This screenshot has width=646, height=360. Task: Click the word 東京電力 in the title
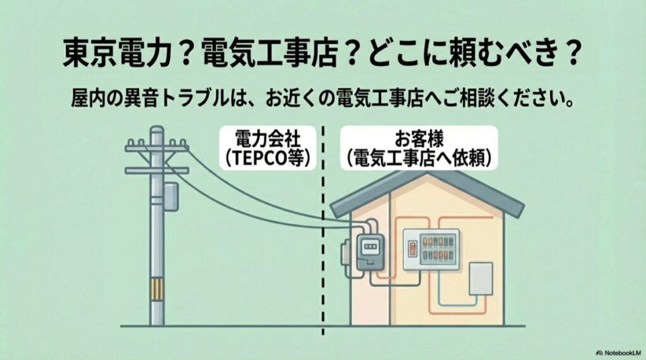[117, 56]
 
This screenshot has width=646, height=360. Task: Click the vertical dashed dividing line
[323, 252]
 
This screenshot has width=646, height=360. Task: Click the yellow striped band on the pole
[156, 291]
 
